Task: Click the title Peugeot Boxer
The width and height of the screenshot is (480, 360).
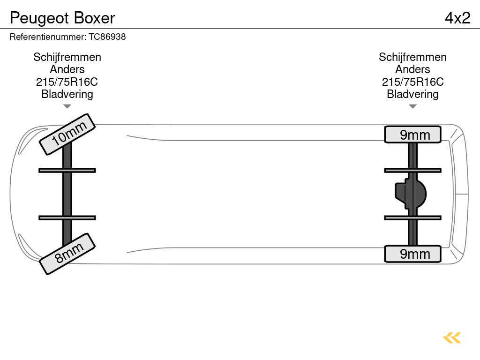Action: (x=62, y=18)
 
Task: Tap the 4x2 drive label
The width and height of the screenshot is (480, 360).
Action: (x=457, y=18)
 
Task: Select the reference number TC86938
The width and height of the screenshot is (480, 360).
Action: (x=107, y=37)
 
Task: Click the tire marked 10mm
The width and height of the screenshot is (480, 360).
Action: (x=67, y=134)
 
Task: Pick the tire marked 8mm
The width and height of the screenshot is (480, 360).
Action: (x=67, y=253)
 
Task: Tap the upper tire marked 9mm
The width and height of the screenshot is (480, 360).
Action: (x=413, y=135)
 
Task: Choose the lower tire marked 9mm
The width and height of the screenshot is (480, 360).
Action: (x=413, y=254)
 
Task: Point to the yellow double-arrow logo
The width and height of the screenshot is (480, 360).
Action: (x=452, y=338)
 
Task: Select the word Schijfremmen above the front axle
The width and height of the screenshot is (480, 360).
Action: (x=67, y=57)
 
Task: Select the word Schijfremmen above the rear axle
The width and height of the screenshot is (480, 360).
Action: (x=412, y=57)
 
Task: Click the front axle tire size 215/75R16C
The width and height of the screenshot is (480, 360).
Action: (x=67, y=82)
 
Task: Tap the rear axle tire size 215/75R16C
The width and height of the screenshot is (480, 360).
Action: (x=412, y=82)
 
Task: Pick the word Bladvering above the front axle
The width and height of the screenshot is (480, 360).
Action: (x=67, y=94)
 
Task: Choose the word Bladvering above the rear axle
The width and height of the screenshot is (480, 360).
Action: (x=412, y=94)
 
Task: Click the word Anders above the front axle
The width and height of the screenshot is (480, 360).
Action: (x=67, y=69)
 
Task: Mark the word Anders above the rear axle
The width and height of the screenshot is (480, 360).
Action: (x=412, y=69)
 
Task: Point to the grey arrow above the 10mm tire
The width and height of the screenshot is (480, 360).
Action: (x=67, y=106)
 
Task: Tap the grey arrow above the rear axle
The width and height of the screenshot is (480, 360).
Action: (x=412, y=106)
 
